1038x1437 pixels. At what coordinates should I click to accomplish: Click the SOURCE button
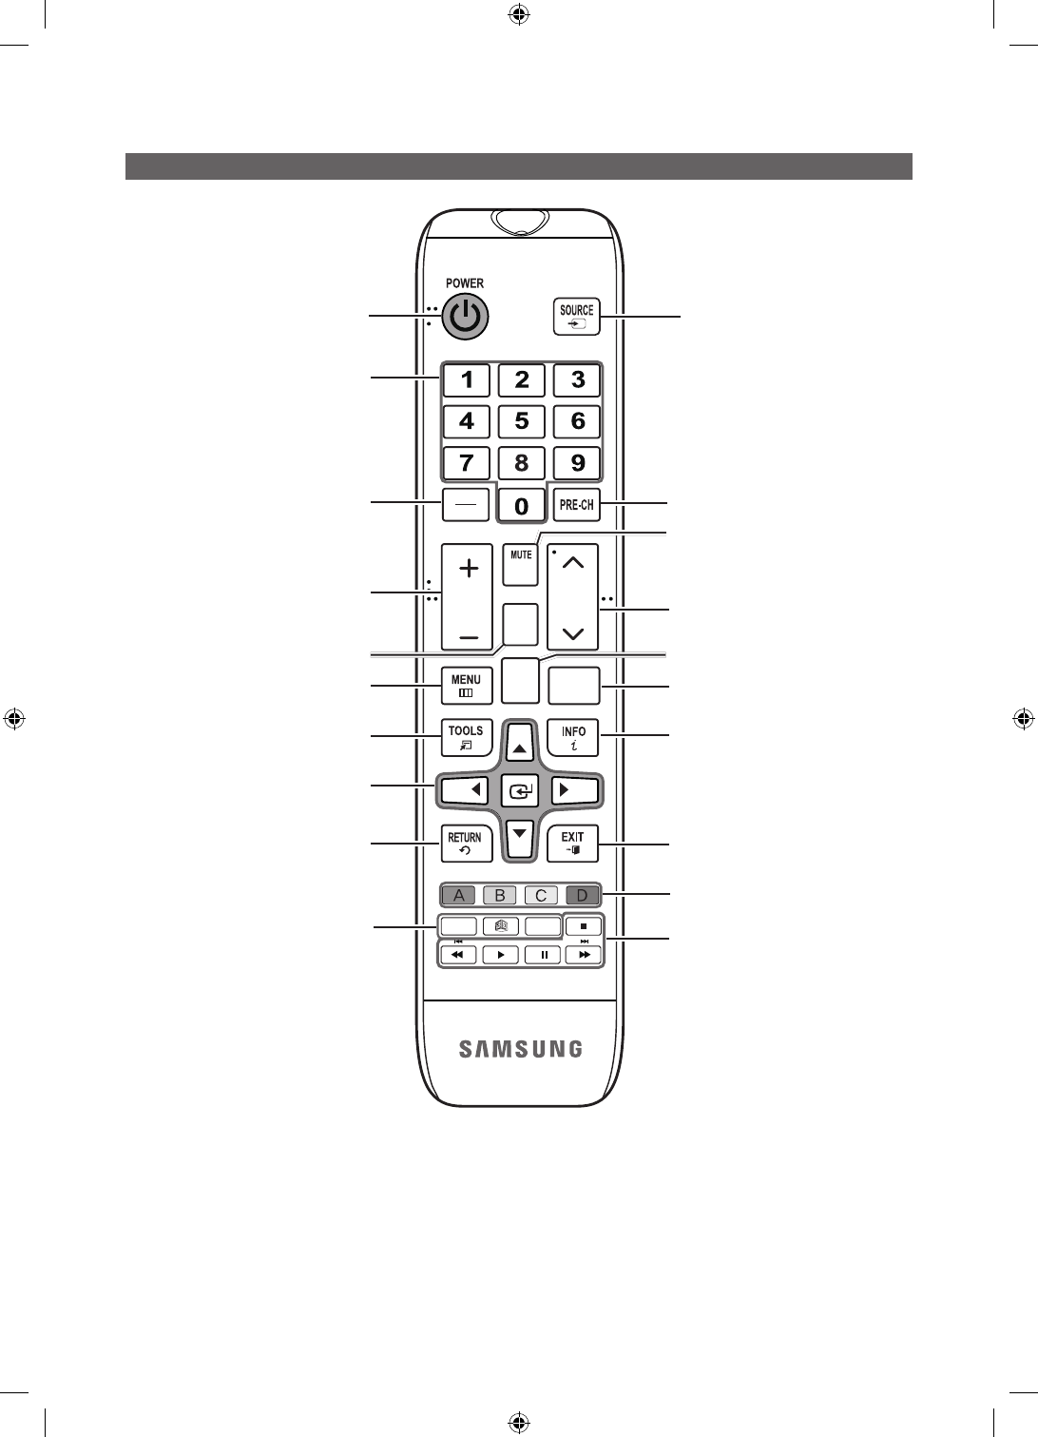(576, 316)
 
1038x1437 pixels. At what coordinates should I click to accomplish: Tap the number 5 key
(522, 421)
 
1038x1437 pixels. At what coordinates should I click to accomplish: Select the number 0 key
(521, 506)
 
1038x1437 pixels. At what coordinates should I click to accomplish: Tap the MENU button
(466, 686)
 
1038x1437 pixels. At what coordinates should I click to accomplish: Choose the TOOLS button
(466, 737)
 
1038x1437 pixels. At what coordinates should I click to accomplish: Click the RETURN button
(466, 843)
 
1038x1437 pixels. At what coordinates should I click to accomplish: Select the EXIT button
(573, 843)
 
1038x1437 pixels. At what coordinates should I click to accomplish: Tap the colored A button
(459, 895)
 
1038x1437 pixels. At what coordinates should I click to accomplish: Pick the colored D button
(583, 895)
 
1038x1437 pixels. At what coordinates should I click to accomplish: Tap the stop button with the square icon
(584, 924)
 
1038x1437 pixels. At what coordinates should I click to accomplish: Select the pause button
(543, 955)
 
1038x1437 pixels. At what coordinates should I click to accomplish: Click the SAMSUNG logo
(521, 1049)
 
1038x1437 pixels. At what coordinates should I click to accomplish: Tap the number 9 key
(577, 464)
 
